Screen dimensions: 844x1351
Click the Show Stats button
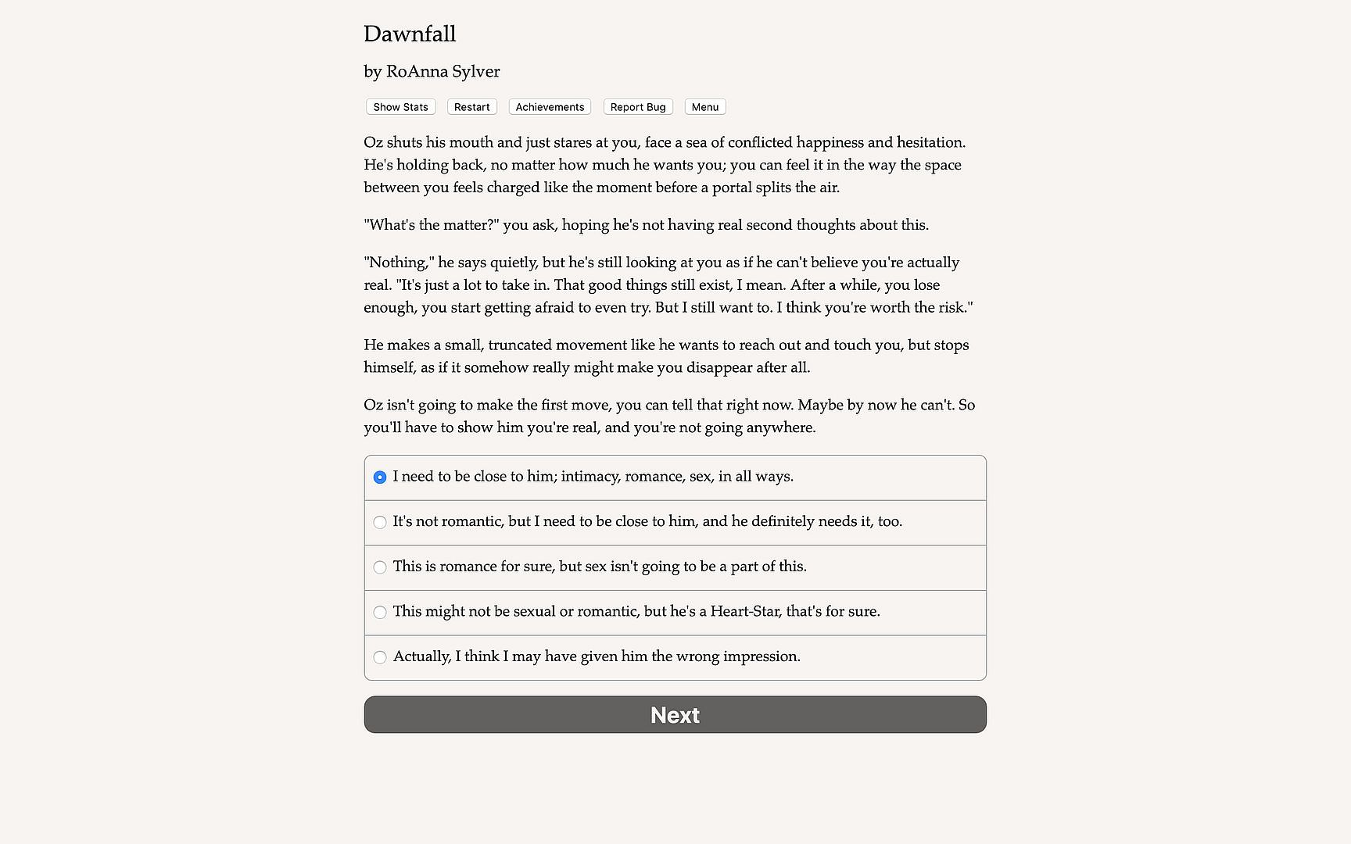coord(400,107)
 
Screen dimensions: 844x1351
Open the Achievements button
coord(550,107)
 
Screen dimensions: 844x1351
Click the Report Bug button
coord(638,107)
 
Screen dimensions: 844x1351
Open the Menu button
coord(704,107)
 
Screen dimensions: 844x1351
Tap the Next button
coord(675,715)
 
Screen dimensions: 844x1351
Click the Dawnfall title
coord(410,34)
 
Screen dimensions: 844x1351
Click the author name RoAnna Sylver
coord(443,72)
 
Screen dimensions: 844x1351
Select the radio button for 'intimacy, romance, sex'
coord(380,477)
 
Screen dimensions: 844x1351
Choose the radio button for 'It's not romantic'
coord(380,522)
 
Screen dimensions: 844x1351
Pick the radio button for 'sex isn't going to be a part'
coord(380,567)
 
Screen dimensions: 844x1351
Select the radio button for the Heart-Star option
coord(380,613)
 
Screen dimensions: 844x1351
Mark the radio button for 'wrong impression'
coord(380,657)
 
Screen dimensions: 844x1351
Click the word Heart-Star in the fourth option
coord(744,612)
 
